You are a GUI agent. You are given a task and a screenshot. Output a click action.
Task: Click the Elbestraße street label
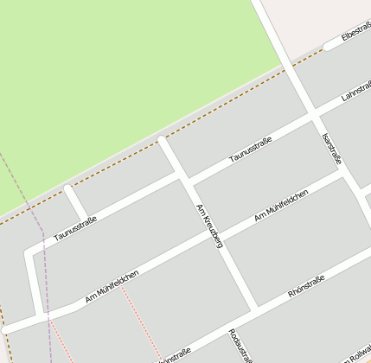pos(355,34)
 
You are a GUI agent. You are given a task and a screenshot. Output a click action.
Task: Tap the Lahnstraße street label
pos(355,89)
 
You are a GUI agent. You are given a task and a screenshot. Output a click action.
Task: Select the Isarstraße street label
pos(332,149)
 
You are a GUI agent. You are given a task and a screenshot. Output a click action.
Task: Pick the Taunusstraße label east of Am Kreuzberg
pos(251,150)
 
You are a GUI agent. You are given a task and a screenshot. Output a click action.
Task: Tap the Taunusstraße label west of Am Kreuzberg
pos(75,228)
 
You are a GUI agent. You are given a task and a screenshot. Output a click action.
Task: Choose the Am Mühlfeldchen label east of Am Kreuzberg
pos(282,205)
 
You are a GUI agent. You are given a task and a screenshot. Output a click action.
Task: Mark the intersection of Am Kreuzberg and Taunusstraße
pos(183,179)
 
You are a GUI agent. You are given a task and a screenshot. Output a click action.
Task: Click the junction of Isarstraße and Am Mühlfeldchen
pos(344,173)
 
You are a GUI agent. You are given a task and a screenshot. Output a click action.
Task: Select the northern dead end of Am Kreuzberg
pos(162,140)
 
